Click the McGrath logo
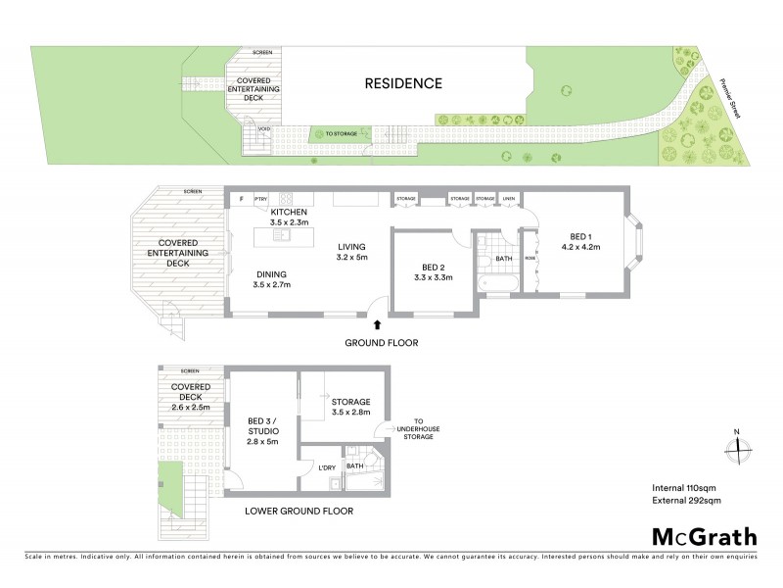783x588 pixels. pos(704,536)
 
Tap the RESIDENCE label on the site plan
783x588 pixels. pos(403,83)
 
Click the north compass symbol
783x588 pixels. pos(738,446)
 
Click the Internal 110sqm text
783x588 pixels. pos(686,487)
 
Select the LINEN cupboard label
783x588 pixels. pos(509,199)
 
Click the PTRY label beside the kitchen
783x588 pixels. pos(260,199)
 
